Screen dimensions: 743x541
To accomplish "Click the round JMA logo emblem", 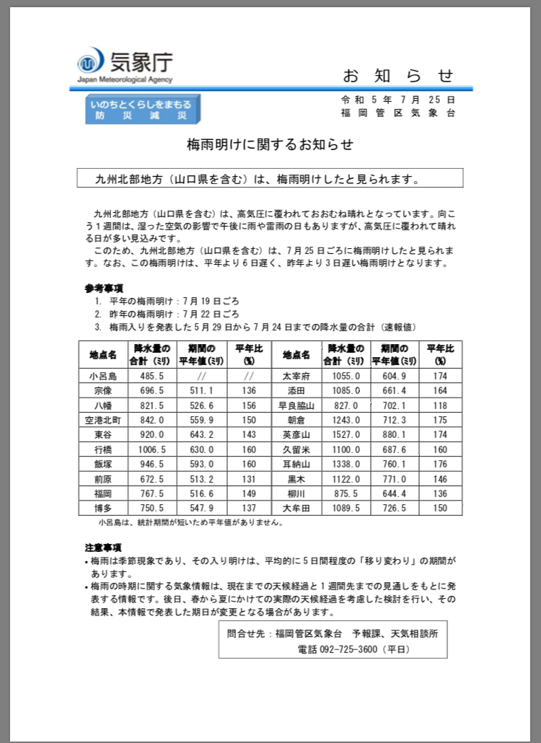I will [91, 61].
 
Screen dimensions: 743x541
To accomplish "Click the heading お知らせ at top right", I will [398, 75].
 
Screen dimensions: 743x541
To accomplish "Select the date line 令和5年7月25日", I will [398, 100].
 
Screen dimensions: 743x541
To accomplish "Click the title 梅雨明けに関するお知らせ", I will [270, 144].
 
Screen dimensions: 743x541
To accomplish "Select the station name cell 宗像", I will [102, 391].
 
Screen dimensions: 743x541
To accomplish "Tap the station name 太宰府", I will [296, 376].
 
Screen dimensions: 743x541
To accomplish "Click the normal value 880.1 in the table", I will [394, 434].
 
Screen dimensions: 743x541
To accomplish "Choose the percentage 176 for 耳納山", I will [440, 464].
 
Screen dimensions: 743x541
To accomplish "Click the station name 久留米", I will [296, 449].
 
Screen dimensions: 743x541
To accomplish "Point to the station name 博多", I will [102, 508].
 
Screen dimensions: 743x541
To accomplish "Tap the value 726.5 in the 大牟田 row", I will [394, 508].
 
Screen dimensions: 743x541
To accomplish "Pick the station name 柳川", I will [296, 493].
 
